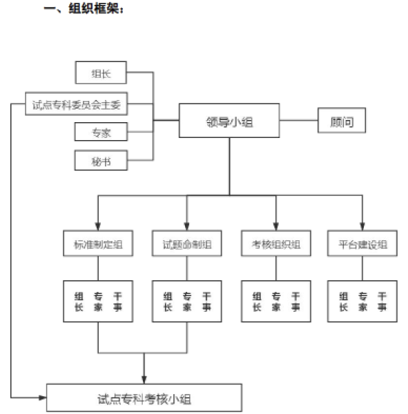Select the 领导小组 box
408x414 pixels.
click(x=229, y=121)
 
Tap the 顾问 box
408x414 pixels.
click(x=341, y=121)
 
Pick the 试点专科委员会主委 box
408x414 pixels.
click(x=77, y=104)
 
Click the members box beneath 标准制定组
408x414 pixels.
click(x=97, y=302)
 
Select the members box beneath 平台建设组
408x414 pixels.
click(x=363, y=302)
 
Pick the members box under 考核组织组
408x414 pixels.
click(x=275, y=302)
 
